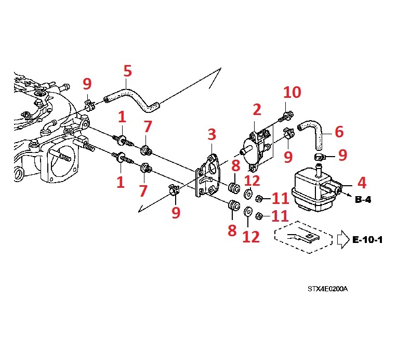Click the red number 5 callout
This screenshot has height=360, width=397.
127,71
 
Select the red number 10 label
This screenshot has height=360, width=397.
292,93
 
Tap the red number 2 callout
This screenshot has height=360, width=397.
257,110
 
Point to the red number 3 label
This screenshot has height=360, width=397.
211,136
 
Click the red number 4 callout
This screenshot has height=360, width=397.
362,183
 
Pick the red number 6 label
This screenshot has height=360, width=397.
339,132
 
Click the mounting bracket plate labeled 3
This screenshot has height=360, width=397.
208,177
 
